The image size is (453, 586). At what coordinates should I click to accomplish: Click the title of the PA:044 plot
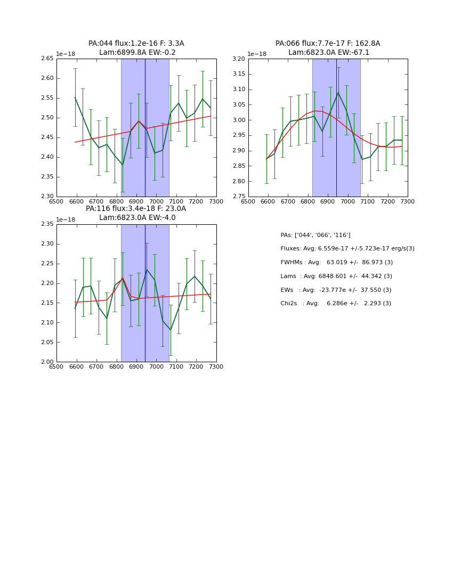coord(136,48)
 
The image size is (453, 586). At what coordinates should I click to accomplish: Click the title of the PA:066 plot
coord(328,48)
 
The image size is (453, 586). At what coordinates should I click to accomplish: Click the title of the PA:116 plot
coord(136,213)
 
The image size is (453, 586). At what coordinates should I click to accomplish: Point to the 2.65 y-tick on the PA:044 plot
coord(48,59)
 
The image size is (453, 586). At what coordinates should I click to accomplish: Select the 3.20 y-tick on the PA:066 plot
coord(239,59)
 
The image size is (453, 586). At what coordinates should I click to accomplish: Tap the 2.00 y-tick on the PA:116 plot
coord(48,362)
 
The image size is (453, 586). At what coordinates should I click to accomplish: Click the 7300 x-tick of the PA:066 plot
coord(408,201)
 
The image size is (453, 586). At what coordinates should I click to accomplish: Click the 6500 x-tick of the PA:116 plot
coord(56,367)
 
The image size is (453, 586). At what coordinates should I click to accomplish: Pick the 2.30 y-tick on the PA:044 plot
coord(48,196)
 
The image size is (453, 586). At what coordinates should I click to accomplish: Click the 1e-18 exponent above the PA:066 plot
coord(257,54)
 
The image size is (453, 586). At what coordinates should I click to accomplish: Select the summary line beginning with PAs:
coord(316,235)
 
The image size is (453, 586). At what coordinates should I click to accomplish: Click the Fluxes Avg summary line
coord(347,249)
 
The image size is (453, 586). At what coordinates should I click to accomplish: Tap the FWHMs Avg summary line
coord(337,263)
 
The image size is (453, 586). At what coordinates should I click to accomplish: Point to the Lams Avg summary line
coord(336,276)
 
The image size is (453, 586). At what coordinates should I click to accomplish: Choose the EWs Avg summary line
coord(336,290)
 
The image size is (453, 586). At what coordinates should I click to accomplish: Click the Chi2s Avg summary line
coord(336,304)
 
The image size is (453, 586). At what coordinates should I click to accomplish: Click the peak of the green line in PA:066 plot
coord(338,92)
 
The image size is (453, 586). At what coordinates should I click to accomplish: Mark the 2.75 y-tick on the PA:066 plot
coord(239,196)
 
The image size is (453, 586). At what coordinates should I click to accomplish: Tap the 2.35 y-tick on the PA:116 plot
coord(48,224)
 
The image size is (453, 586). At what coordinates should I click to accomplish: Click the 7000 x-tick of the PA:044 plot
coord(156,201)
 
